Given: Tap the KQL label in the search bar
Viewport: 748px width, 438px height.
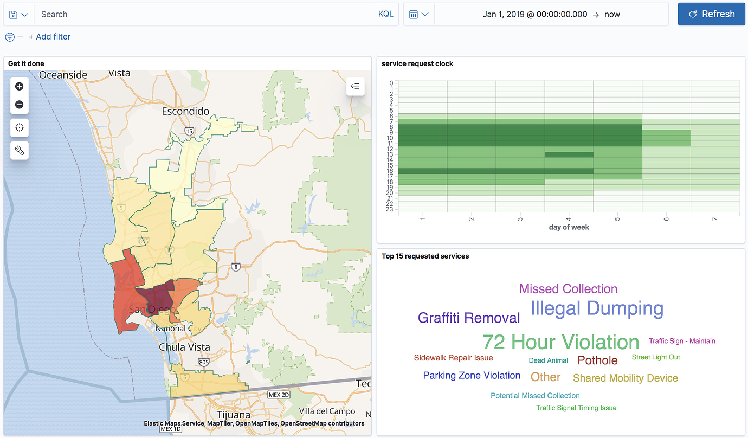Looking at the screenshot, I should tap(385, 14).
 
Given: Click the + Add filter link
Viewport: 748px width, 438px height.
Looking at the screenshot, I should tap(49, 37).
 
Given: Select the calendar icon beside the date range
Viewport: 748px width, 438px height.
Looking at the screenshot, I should tap(414, 15).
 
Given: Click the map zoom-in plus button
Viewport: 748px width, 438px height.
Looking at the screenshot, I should tap(20, 86).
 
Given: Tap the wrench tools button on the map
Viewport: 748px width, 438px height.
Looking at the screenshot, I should tap(20, 151).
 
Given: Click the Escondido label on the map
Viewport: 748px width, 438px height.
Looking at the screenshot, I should tap(185, 112).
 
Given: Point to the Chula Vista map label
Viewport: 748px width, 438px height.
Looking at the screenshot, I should tap(184, 347).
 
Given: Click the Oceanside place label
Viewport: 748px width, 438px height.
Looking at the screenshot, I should tap(63, 75).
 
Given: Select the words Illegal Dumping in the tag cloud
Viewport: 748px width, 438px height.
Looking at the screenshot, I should tap(597, 308).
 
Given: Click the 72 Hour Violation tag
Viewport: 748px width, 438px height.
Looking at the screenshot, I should tap(560, 342).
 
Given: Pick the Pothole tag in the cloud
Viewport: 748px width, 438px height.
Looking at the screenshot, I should tap(597, 360).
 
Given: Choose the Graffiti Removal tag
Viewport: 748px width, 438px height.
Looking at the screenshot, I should tap(469, 318).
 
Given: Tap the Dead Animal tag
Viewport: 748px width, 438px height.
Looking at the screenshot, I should tap(548, 360).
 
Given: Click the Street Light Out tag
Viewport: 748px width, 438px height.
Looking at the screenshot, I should tap(655, 357).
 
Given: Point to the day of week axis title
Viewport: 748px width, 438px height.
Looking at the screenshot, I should tap(569, 227).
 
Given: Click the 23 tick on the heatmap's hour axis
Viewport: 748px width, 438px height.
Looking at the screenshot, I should tap(390, 209).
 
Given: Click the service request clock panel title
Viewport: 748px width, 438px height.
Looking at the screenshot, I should tap(417, 64).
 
